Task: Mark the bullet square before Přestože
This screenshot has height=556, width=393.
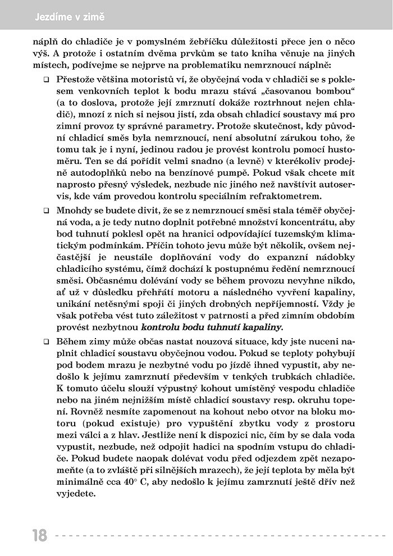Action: point(47,80)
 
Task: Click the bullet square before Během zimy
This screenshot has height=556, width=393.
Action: point(47,343)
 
